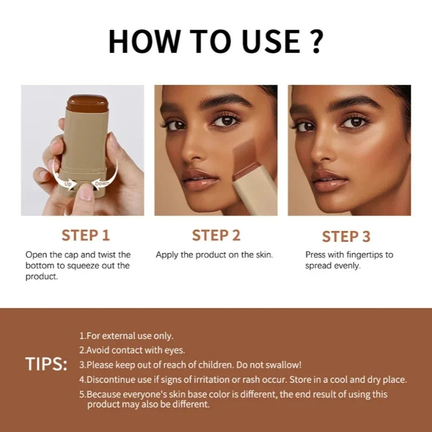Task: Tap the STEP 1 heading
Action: pos(85,235)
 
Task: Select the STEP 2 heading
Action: pos(216,235)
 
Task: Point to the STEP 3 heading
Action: pos(346,237)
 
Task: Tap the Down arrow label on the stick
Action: pos(102,184)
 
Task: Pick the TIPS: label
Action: pos(46,364)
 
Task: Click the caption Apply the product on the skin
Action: pos(214,254)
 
